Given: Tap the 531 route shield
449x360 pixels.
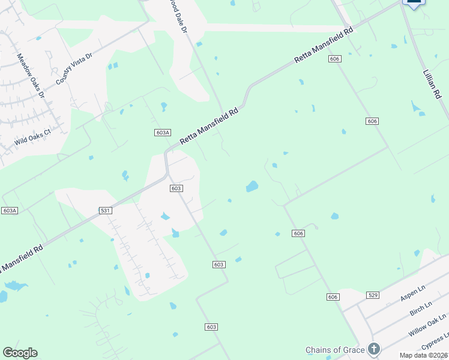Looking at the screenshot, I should click(105, 211).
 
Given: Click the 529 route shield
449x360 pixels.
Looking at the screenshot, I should click(373, 295).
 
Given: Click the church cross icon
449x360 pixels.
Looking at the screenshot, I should click(374, 349).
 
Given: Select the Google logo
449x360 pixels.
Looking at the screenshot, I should click(20, 353).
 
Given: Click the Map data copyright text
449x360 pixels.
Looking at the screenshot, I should click(424, 355).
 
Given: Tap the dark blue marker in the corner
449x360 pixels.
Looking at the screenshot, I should click(414, 3).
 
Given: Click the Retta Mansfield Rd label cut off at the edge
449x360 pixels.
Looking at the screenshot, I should click(22, 257).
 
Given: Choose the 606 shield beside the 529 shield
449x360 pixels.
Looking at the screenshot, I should click(334, 297).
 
